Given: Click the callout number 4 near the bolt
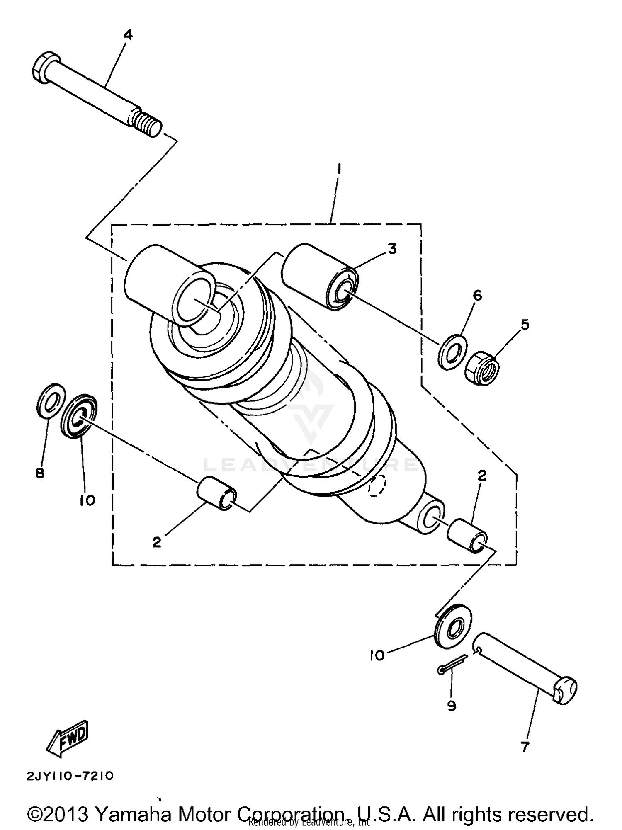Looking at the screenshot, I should [128, 35].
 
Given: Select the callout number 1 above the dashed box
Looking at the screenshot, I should [339, 169].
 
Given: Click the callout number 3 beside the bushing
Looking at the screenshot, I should [392, 249].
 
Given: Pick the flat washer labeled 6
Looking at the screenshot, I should [452, 352].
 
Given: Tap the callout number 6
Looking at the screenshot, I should [477, 296].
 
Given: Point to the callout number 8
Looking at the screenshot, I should [40, 473].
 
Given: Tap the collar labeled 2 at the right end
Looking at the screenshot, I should [466, 534].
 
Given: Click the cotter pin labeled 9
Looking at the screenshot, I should [452, 663].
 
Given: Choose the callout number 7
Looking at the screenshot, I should [525, 747].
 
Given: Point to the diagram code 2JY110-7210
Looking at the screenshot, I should [70, 776].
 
